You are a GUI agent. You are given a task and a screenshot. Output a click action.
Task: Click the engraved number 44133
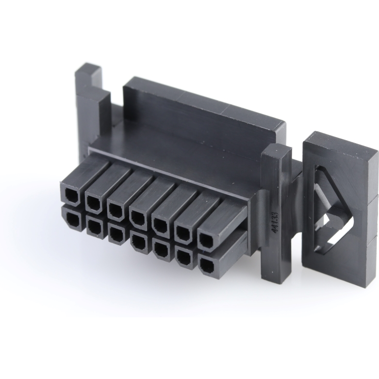coord(275,222)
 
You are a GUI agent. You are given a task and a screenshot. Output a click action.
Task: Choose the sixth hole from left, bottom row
coord(184,257)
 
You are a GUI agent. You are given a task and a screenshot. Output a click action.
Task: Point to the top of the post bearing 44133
coord(277,151)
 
